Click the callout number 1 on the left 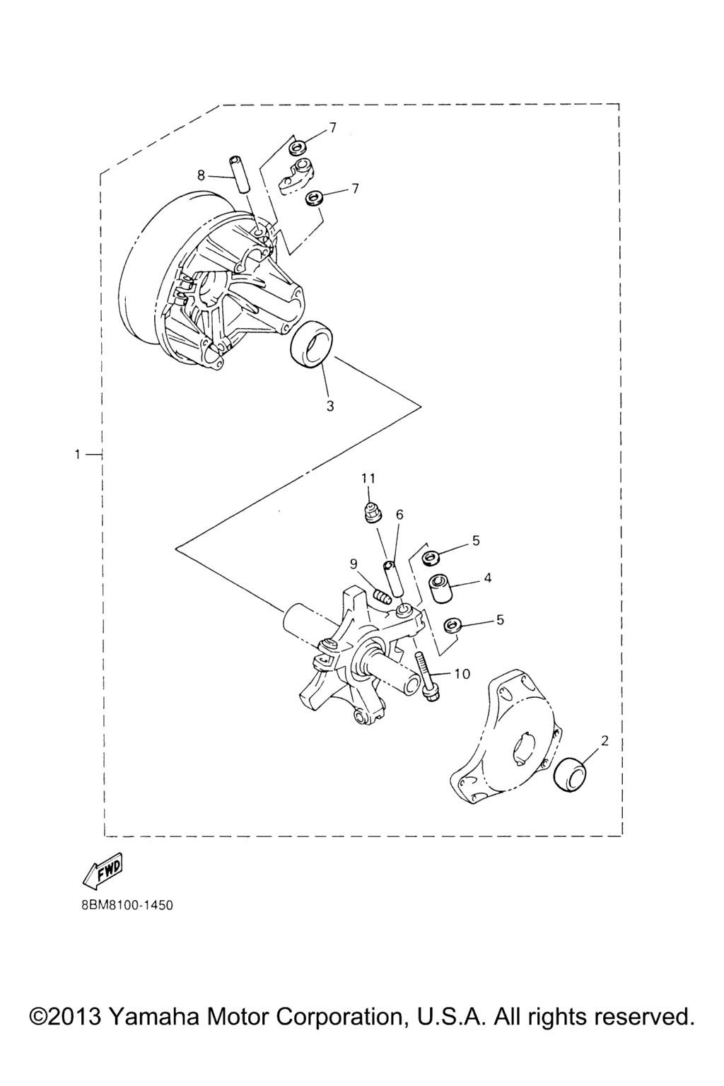pos(77,455)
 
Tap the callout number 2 pos(605,741)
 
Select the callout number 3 pos(330,407)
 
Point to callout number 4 pos(488,578)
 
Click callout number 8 pos(202,175)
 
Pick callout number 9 pos(354,564)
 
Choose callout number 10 pos(462,673)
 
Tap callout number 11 pos(368,478)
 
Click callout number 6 pos(399,515)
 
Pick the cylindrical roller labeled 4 pos(440,588)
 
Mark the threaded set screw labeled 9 pos(383,595)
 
